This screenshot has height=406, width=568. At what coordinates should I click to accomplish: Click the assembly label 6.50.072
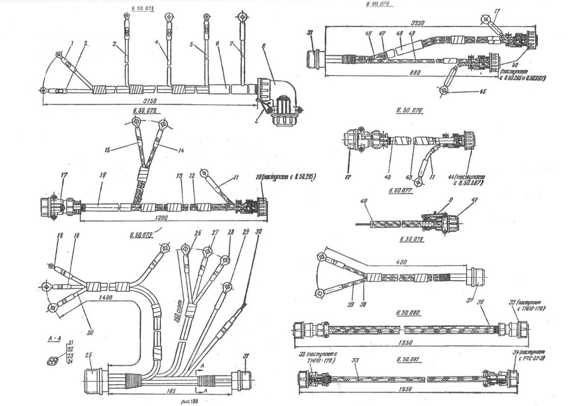tap(145, 111)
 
